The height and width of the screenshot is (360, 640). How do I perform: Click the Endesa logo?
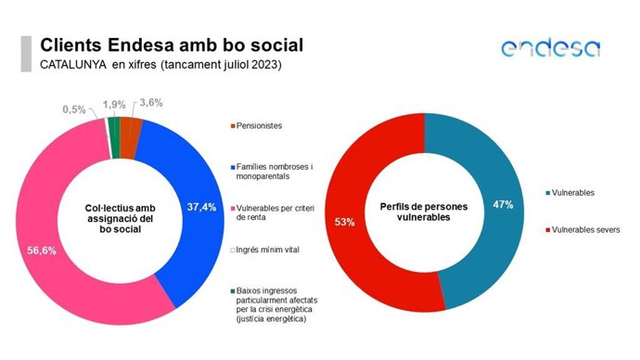tap(550, 48)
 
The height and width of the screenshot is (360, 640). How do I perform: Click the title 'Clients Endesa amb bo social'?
tap(172, 45)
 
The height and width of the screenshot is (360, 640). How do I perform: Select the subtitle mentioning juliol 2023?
tap(160, 65)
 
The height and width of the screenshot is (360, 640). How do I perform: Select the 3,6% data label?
tap(149, 104)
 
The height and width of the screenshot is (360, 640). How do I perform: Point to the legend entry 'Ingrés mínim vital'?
tap(275, 250)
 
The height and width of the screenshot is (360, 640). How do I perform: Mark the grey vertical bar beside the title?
tap(26, 54)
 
